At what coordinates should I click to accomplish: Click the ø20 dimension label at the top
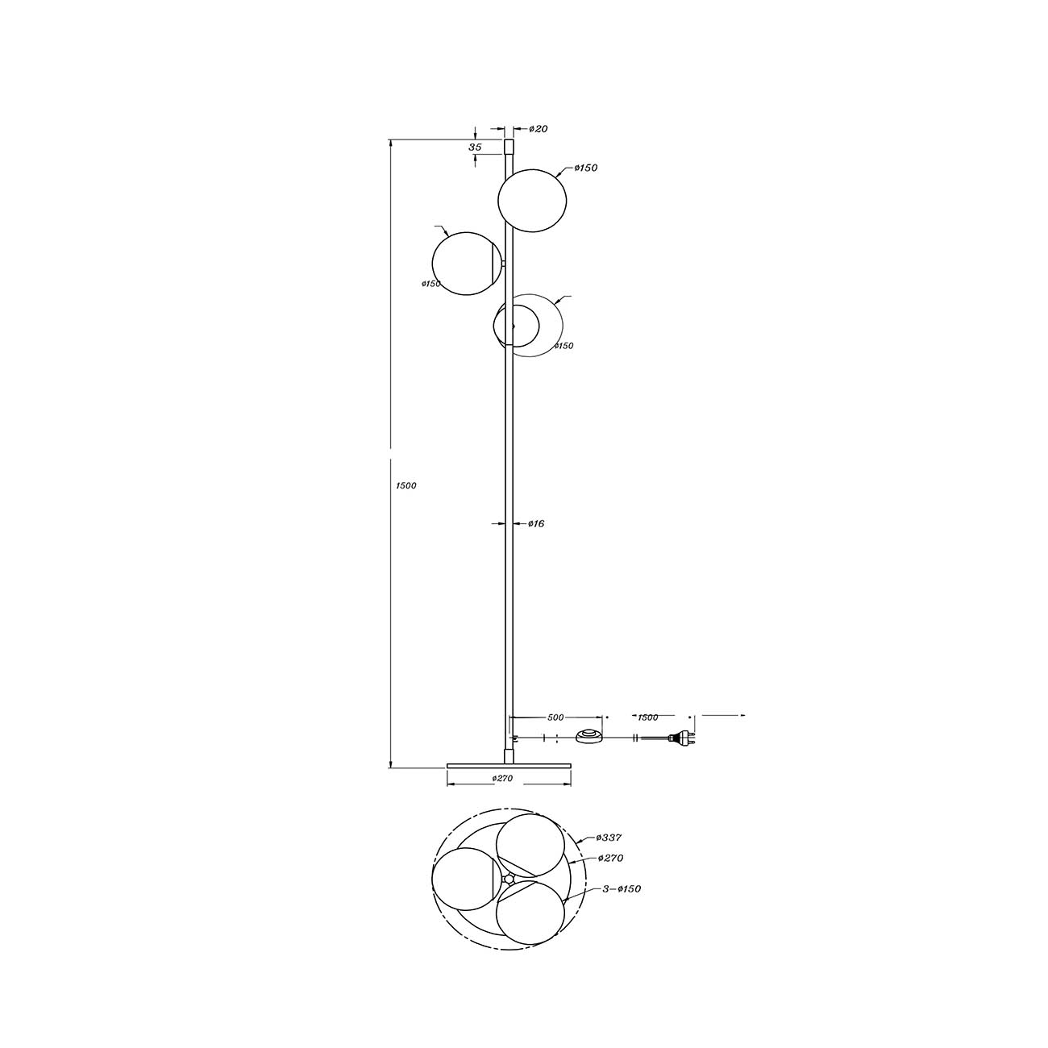pos(538,129)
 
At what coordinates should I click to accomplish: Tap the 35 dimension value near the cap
pos(475,147)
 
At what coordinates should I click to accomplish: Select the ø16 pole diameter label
pos(536,524)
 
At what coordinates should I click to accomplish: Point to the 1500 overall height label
pos(405,485)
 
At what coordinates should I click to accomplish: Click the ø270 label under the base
pos(502,778)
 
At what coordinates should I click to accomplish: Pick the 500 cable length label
pos(555,717)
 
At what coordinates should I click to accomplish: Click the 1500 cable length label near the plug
pos(647,717)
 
